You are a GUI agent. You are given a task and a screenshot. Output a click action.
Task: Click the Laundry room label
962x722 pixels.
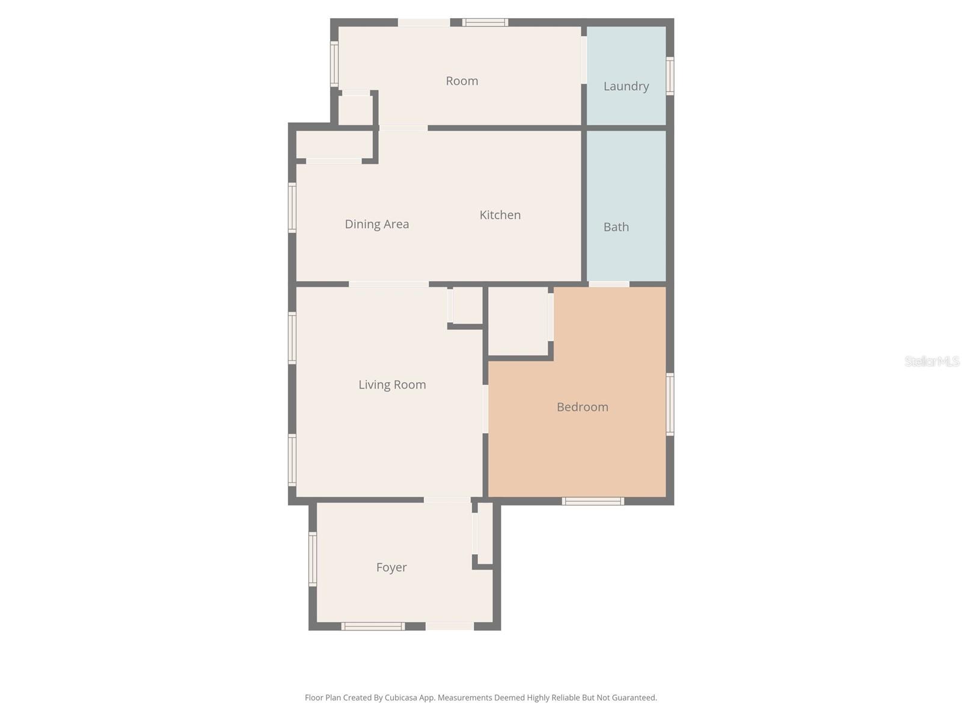[x=626, y=86]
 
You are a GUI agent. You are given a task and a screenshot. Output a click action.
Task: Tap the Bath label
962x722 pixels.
[x=616, y=227]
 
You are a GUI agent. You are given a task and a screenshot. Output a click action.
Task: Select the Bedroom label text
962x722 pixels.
[x=582, y=407]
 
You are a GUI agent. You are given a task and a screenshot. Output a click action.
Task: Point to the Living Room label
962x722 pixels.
[x=392, y=384]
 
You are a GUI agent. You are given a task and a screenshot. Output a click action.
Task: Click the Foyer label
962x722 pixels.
[x=391, y=567]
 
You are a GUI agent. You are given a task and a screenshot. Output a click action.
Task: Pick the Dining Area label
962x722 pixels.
[x=377, y=224]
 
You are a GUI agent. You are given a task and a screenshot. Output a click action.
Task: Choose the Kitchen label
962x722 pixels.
[x=500, y=215]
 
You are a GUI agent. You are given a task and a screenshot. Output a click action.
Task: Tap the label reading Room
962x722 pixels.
[x=462, y=81]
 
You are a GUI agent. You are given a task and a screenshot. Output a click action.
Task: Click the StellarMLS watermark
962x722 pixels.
[x=932, y=361]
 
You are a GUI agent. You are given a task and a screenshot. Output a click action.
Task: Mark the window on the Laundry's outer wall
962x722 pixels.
[x=670, y=76]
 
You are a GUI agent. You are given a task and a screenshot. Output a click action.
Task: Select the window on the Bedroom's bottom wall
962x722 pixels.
[x=593, y=501]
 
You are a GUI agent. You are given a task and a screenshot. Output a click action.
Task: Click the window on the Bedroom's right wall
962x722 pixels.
[x=670, y=404]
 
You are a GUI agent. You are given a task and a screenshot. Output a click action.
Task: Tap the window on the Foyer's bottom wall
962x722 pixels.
[x=373, y=626]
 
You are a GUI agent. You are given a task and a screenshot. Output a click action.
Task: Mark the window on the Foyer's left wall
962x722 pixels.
[x=313, y=558]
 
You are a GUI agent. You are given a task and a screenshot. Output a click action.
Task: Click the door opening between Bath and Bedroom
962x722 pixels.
[x=608, y=284]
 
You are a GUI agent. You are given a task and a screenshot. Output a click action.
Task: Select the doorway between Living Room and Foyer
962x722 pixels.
[x=447, y=500]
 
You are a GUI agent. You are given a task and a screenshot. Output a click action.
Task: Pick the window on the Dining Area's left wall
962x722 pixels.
[x=292, y=208]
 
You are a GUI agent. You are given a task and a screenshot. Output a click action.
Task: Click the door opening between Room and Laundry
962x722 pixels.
[x=584, y=60]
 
